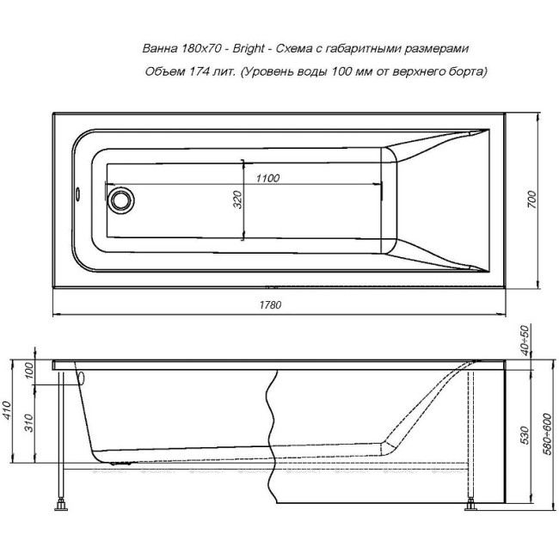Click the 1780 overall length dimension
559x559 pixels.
pyautogui.click(x=271, y=304)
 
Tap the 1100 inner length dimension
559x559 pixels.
pyautogui.click(x=267, y=178)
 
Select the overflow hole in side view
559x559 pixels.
pyautogui.click(x=83, y=376)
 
